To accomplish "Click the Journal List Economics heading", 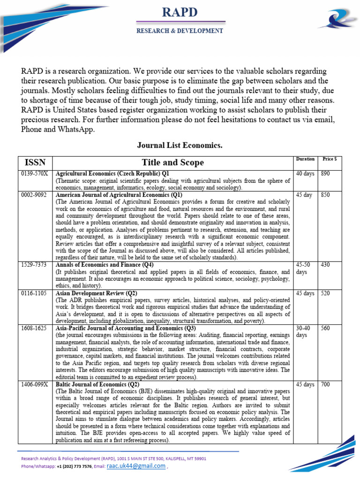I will pos(180,146).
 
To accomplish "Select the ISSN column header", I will pos(35,162).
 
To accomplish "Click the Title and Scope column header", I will pos(173,162).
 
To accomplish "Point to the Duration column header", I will pos(306,159).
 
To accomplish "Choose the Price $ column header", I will pos(329,159).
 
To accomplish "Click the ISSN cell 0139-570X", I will pos(34,173).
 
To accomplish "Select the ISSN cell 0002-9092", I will pos(34,195).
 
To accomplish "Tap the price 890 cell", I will pos(325,173).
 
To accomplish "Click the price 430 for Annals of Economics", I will pos(325,265).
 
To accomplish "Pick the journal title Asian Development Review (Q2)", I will pos(96,293).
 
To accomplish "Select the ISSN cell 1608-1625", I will pos(34,328).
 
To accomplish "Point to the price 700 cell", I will pos(325,384).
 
